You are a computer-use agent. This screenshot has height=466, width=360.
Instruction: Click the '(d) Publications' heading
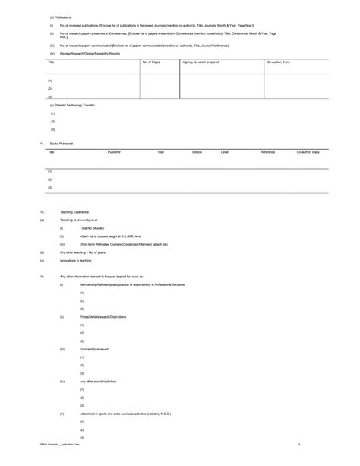(62, 16)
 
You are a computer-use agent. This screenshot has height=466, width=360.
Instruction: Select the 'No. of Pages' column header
(151, 62)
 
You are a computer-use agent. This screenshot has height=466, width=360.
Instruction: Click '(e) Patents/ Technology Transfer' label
(72, 105)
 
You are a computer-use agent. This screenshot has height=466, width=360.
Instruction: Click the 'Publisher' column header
(114, 152)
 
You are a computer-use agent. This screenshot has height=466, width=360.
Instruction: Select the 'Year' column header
(161, 152)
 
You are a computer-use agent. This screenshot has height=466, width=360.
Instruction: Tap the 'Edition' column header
(197, 152)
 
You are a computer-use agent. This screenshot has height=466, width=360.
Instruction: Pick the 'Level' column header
(225, 152)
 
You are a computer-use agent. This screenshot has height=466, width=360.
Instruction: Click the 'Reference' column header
(268, 152)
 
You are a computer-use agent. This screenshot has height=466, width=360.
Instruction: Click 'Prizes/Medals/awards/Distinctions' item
(103, 316)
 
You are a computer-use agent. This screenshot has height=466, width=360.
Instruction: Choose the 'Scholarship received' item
(94, 348)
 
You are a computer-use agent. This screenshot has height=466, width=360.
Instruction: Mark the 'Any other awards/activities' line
(98, 381)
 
